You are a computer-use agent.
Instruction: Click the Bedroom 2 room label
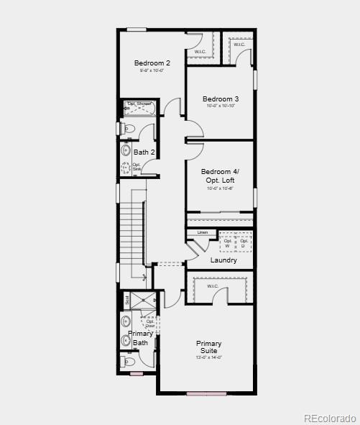point(152,63)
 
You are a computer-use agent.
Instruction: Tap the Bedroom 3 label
point(220,99)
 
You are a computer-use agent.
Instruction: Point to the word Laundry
point(223,260)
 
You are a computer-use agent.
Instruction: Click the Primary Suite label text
point(209,347)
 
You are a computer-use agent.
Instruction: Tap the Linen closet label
point(203,232)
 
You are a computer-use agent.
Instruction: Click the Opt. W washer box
point(228,242)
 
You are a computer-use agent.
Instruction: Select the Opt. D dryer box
point(244,242)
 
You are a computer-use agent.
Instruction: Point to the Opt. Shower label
point(139,104)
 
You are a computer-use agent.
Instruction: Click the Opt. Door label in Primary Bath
point(150,324)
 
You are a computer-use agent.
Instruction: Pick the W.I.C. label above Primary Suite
point(213,286)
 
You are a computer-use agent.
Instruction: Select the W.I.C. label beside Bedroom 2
point(200,52)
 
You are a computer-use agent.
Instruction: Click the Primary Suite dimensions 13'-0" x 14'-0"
point(209,357)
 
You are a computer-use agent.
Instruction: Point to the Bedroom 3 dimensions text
point(220,106)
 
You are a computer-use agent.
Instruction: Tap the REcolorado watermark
point(329,418)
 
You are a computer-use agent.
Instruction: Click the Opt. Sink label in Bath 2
point(137,167)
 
